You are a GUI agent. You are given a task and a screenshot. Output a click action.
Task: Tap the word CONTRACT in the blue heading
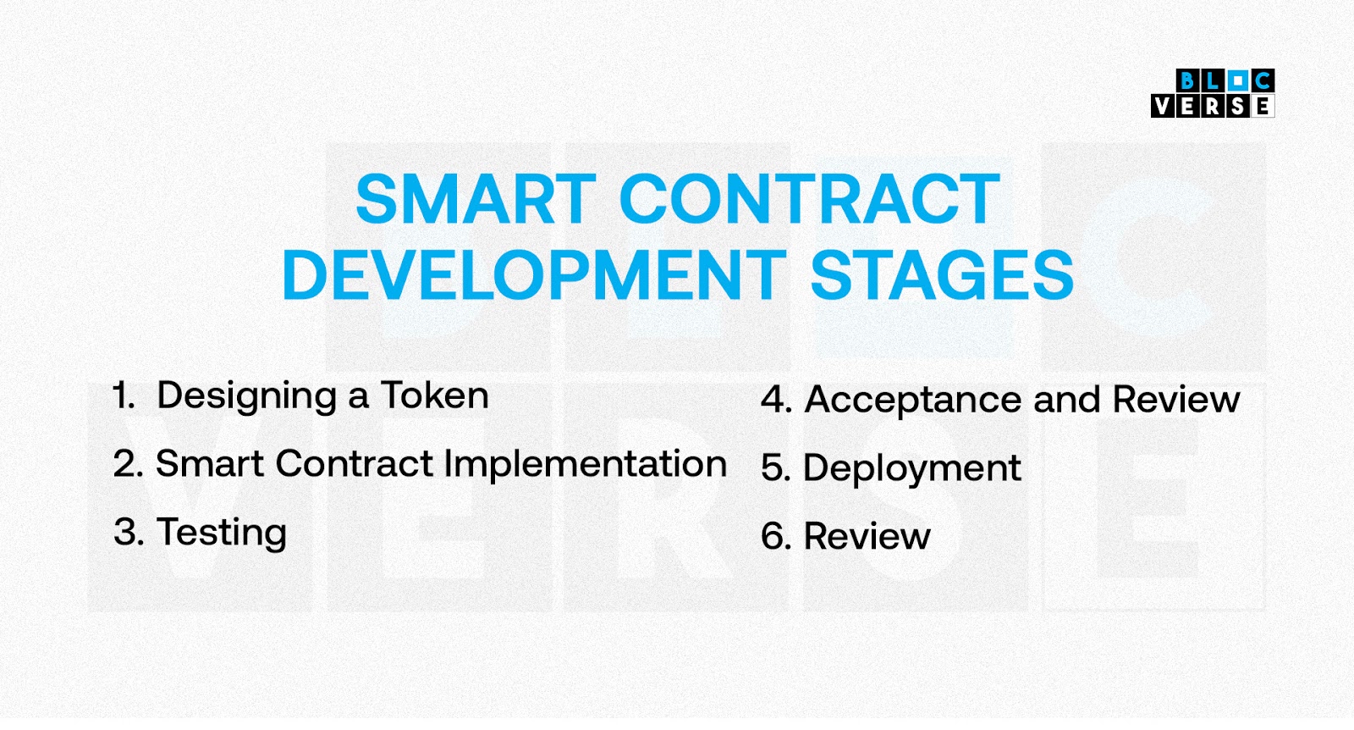810,199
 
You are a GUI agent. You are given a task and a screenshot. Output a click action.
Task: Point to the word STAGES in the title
942,275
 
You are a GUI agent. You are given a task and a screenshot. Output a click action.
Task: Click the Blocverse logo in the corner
1214,93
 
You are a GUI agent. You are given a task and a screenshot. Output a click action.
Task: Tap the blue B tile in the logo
1188,80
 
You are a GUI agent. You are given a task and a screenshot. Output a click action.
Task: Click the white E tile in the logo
1263,106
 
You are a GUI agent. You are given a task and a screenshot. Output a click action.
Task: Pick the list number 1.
124,396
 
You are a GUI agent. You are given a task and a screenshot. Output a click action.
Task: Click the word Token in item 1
435,396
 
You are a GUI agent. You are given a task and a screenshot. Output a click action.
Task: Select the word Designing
246,398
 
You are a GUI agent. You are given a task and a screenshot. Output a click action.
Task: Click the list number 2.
128,464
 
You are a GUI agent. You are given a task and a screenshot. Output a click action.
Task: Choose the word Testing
221,534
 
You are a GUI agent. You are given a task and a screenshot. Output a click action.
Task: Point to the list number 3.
129,532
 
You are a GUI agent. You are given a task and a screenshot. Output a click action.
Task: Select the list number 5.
776,468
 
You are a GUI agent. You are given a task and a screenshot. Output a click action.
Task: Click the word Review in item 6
867,536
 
